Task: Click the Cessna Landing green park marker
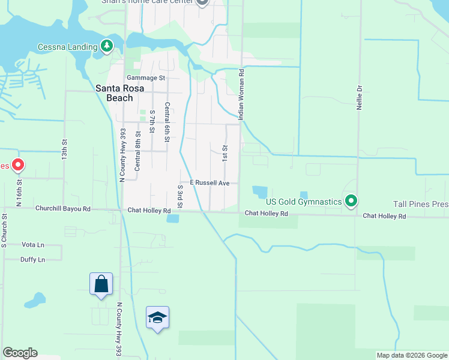tap(107, 46)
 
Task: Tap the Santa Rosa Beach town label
tap(119, 92)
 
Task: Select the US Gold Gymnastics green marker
tap(351, 200)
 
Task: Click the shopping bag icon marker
tap(101, 284)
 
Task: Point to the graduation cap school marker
tap(157, 317)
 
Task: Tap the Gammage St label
tap(145, 78)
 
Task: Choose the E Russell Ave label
tap(209, 182)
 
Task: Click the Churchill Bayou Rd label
tap(62, 209)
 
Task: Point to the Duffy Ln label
tap(33, 260)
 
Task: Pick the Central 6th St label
tap(167, 122)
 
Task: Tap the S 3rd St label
tap(179, 196)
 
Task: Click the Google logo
tap(20, 353)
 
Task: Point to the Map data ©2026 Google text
tap(412, 355)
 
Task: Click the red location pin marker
tap(18, 164)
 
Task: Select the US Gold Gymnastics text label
tap(304, 202)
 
